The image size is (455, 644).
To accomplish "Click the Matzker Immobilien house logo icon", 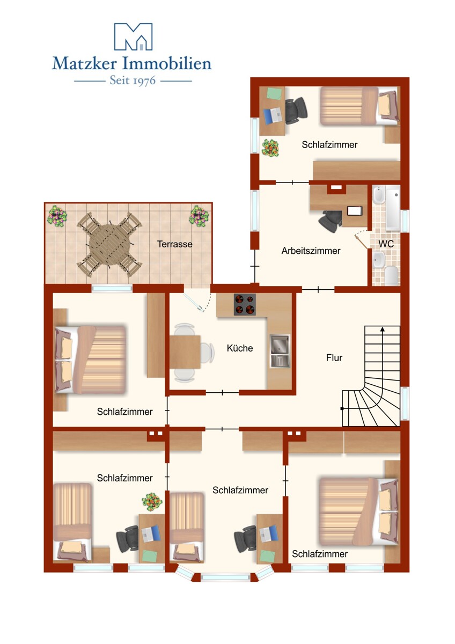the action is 133,36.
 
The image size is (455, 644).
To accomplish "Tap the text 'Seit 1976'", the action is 133,81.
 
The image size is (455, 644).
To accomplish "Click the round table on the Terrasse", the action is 109,244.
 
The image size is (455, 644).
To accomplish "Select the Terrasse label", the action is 175,244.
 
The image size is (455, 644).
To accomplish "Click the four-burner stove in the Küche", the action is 245,304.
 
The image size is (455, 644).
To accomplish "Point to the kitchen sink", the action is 280,351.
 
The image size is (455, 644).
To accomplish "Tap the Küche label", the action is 240,348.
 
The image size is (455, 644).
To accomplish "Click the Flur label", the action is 334,357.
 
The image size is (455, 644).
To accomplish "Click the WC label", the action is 386,244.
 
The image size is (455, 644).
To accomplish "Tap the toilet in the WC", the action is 391,275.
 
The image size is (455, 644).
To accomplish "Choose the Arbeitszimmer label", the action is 311,251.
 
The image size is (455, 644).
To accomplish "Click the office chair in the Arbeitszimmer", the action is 330,221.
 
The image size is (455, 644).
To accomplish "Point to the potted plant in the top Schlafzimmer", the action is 270,148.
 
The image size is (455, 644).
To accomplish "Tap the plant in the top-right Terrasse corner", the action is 199,216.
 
